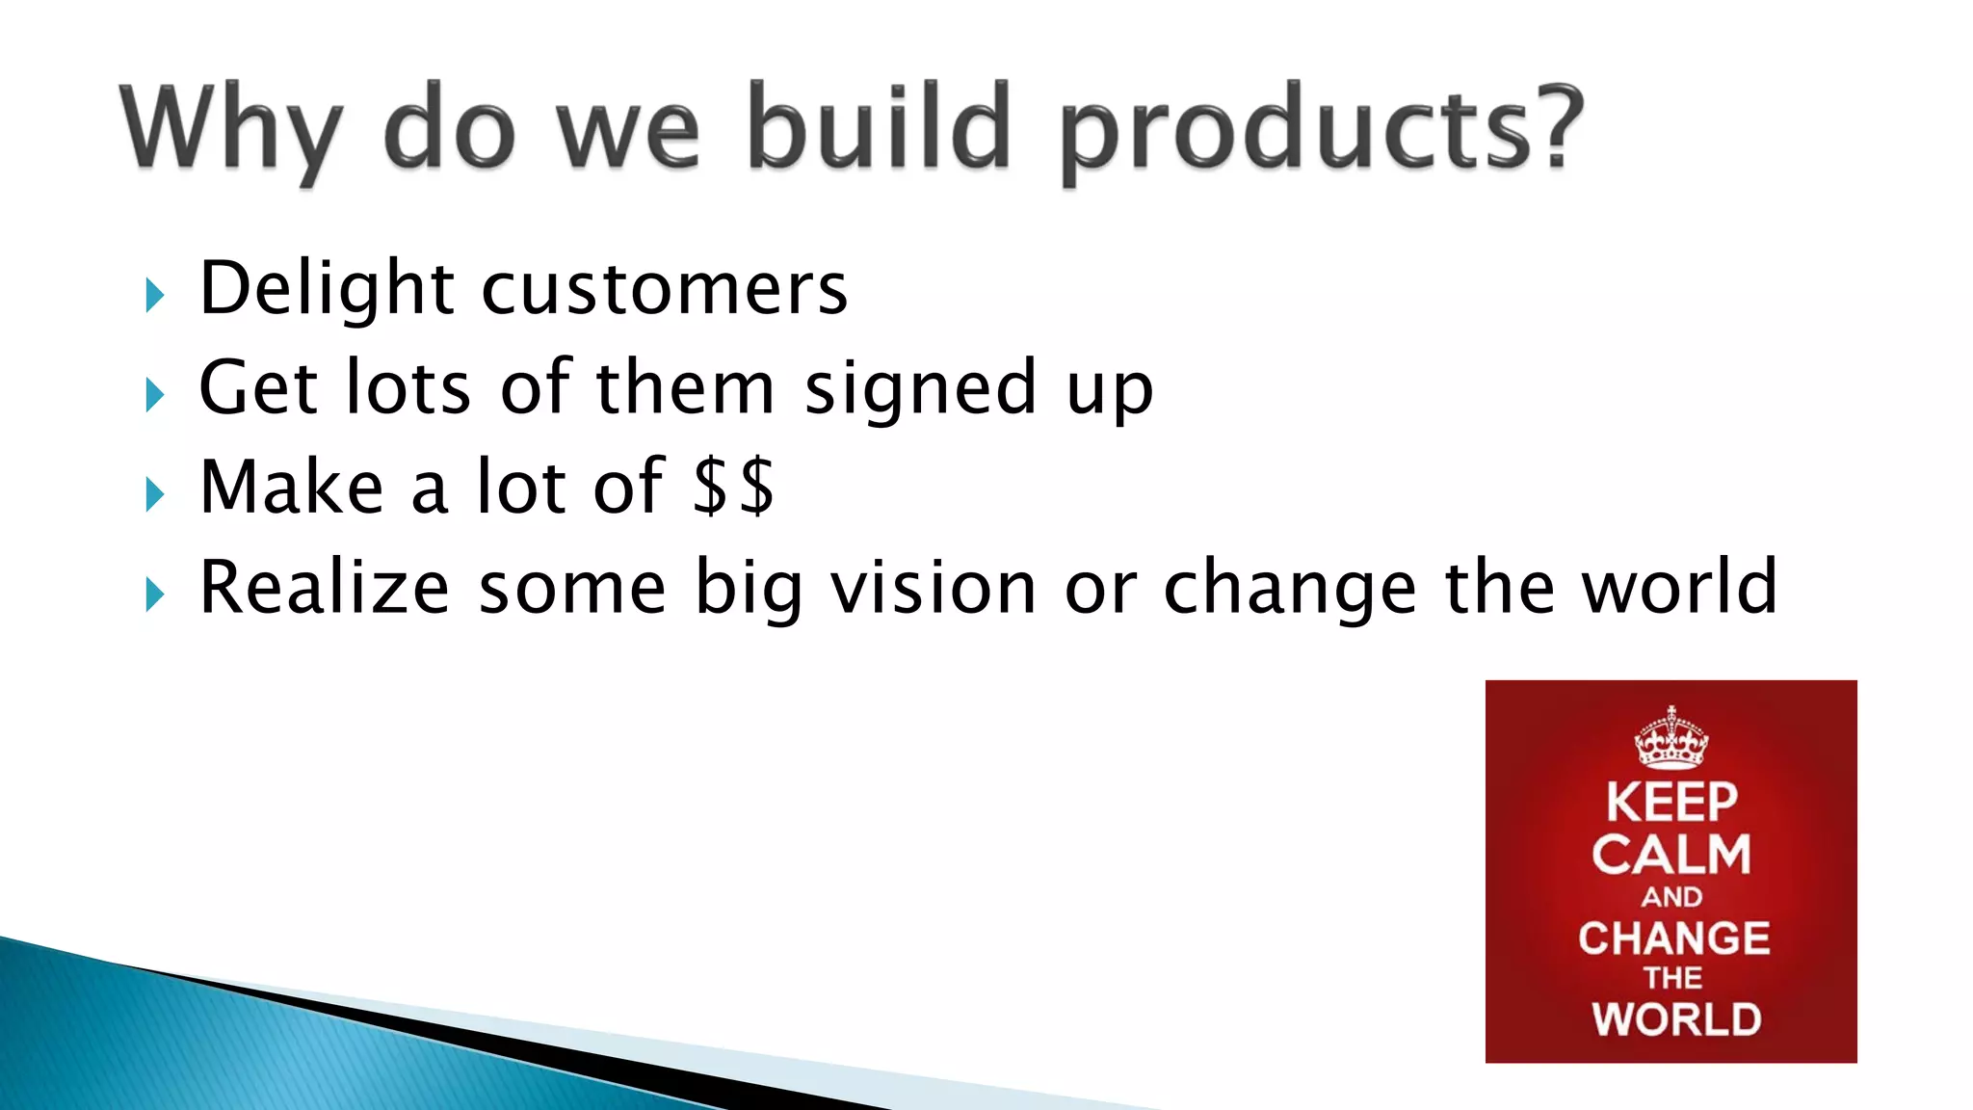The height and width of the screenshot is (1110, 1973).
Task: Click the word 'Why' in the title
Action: click(x=231, y=130)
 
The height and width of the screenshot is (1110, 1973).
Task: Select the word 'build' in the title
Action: click(x=879, y=127)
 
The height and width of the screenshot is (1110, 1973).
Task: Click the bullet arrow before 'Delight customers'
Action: click(x=154, y=295)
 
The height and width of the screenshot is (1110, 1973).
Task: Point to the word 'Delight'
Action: click(x=327, y=289)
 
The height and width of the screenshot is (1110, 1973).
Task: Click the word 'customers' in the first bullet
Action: click(x=664, y=289)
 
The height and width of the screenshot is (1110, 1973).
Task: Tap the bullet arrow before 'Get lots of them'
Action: click(x=154, y=395)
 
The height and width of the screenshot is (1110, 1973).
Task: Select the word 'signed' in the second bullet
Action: click(x=920, y=389)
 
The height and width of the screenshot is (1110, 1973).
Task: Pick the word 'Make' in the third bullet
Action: click(x=292, y=487)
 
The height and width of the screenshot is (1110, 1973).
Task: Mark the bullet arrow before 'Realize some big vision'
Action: click(x=154, y=595)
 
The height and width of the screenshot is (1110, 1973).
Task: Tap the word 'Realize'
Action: click(x=325, y=587)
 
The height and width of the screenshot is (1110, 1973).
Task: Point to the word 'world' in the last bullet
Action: click(x=1680, y=587)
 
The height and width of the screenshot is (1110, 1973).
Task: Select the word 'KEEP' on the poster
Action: click(x=1671, y=803)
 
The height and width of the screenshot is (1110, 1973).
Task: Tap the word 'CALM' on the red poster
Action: click(x=1671, y=855)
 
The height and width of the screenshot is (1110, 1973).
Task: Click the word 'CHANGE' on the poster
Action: click(x=1673, y=938)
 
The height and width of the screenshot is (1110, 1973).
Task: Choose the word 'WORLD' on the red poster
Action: click(x=1675, y=1019)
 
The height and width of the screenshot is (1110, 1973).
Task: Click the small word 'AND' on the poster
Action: click(x=1671, y=897)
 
